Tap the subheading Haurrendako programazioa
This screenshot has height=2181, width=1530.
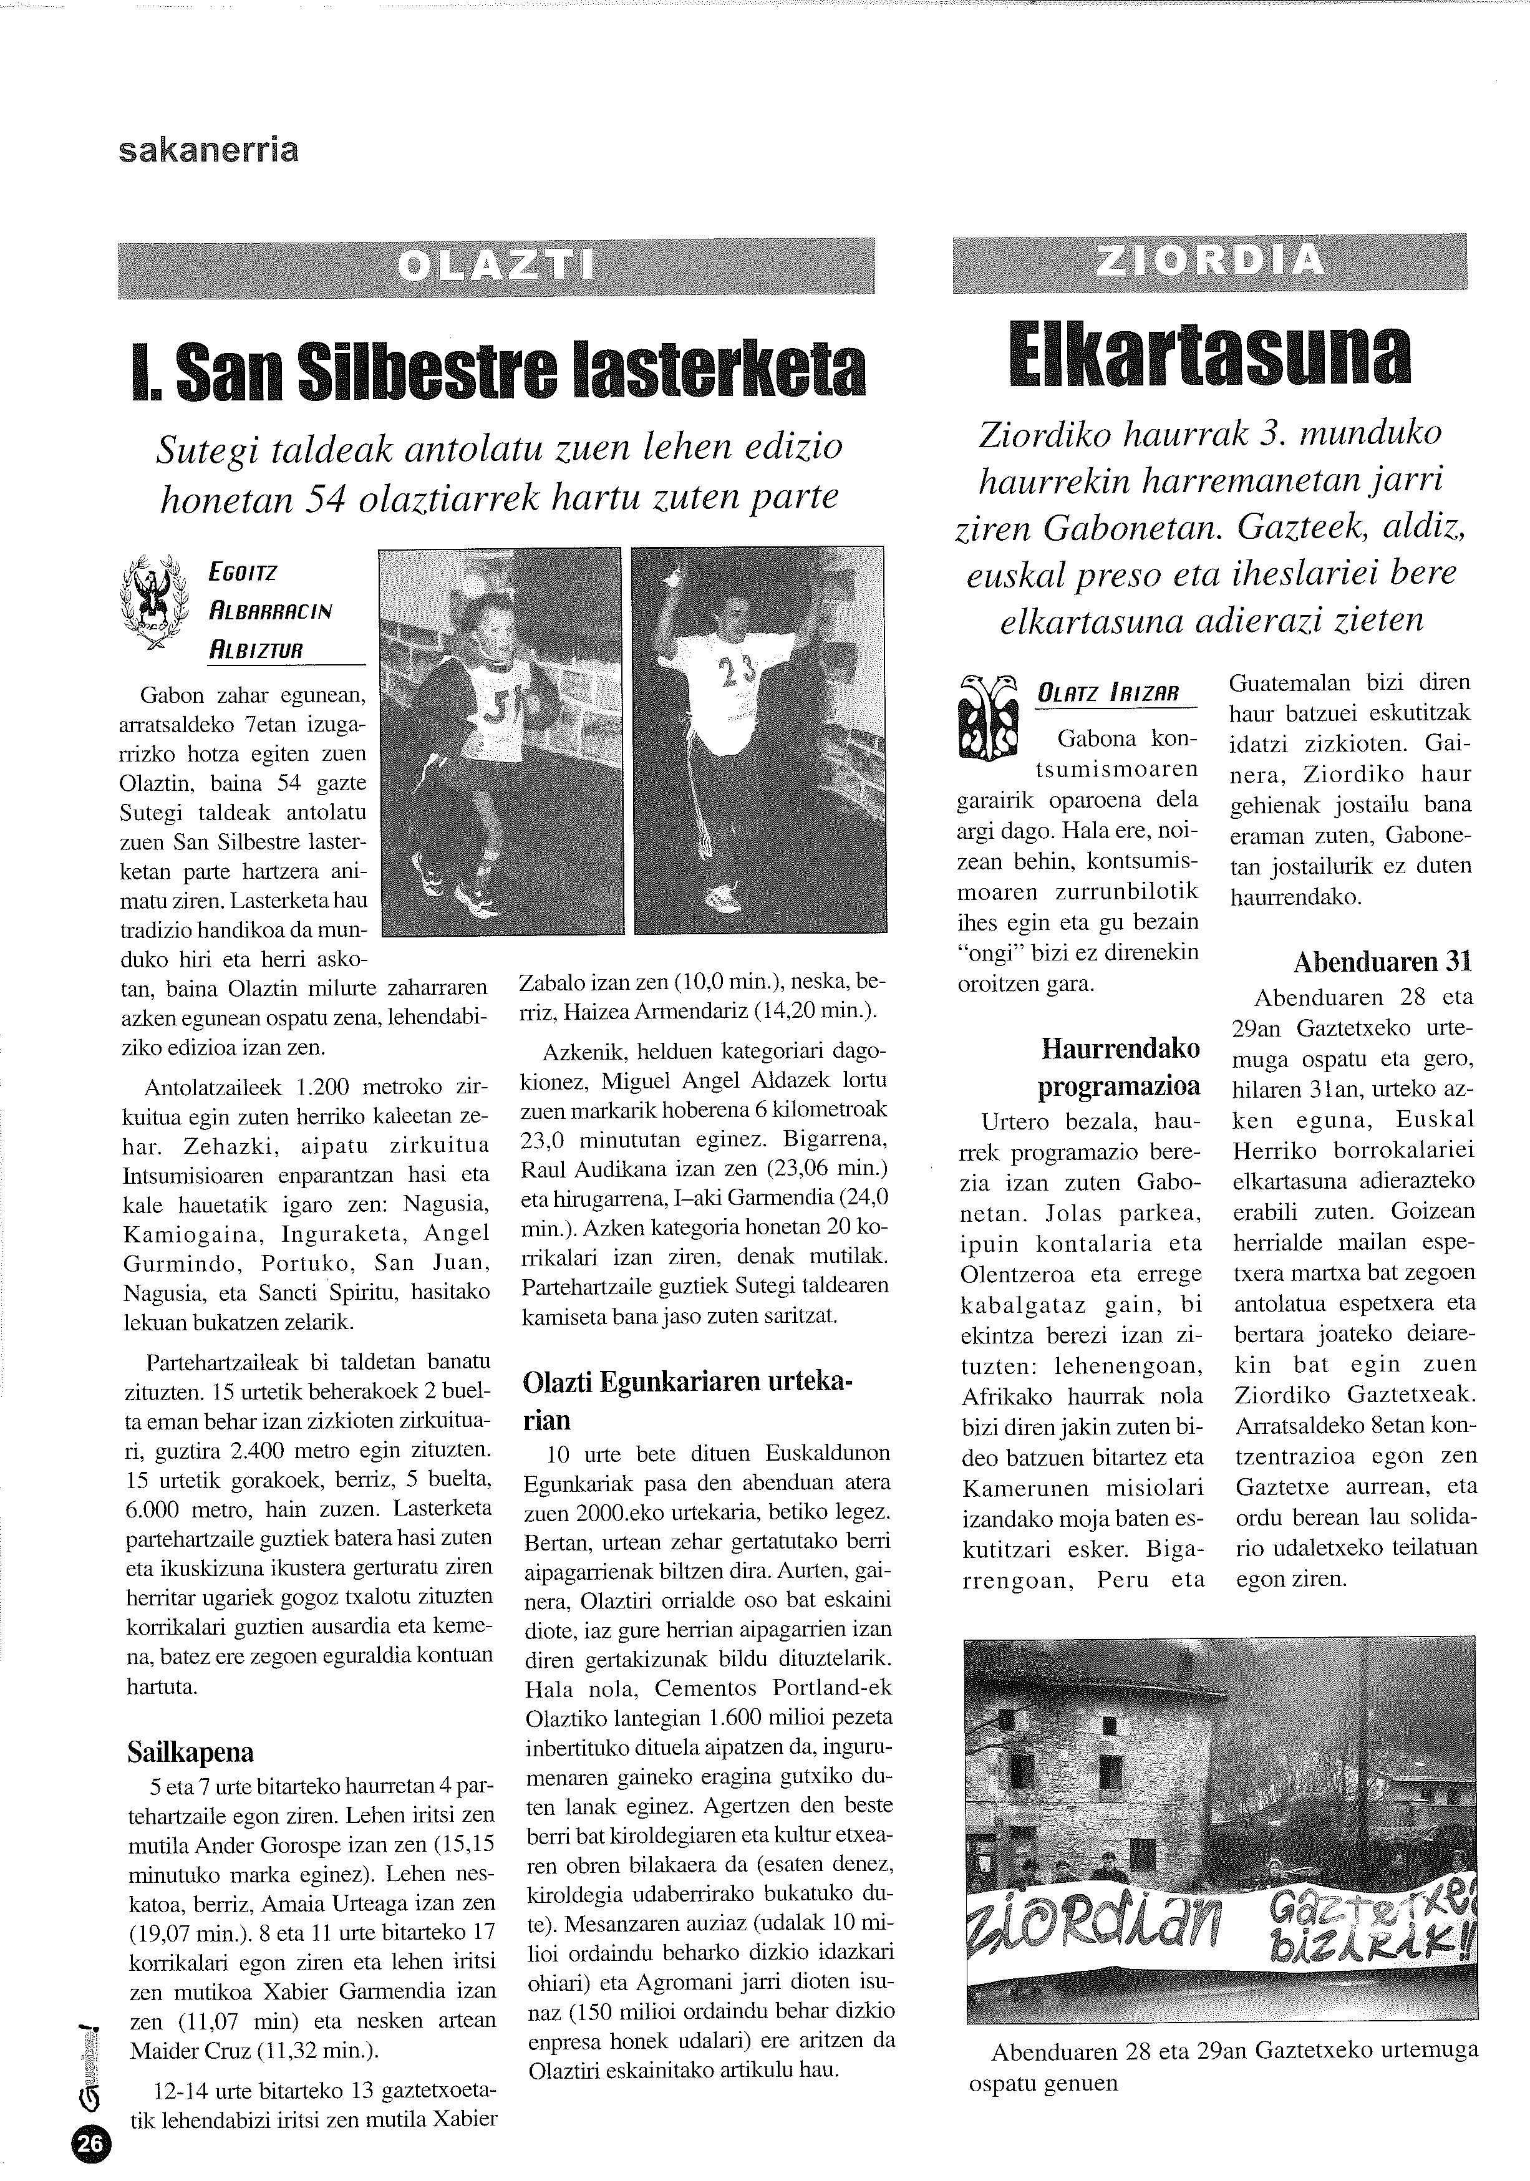[1121, 1066]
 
